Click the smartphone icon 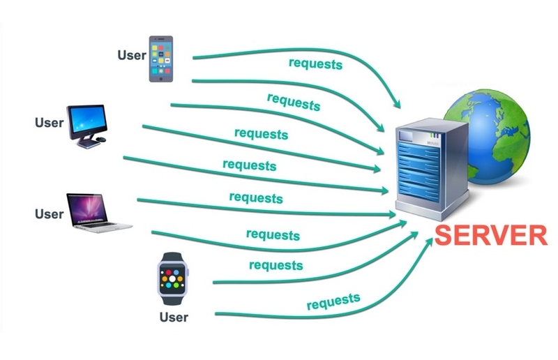161,59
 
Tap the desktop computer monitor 86,121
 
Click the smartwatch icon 172,278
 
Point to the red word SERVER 491,235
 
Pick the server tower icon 432,168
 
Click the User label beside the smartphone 132,55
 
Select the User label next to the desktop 49,123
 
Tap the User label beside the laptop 49,214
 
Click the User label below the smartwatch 174,317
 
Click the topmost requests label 315,64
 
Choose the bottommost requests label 333,301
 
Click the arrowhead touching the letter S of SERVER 429,241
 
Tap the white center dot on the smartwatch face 172,278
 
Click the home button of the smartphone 161,79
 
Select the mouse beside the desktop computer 101,140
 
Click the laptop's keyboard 96,225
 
